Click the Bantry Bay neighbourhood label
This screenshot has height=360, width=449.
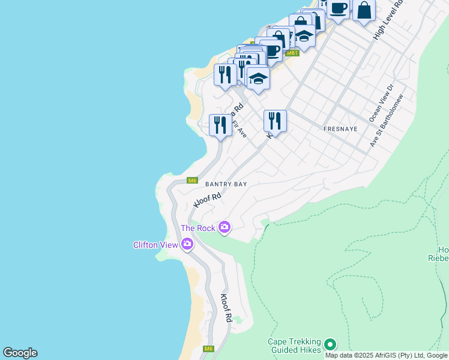(226, 184)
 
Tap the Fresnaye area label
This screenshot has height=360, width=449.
(340, 129)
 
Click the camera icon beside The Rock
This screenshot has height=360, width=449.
(224, 227)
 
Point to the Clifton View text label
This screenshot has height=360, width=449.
(155, 245)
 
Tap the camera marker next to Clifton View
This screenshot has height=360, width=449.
(187, 244)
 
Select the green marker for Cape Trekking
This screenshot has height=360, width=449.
(330, 344)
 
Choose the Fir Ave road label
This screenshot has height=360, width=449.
(240, 130)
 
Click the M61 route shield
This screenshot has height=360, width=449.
(292, 53)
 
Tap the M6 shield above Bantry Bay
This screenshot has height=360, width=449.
(192, 180)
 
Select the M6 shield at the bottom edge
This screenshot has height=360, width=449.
(208, 349)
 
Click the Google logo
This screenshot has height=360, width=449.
(20, 353)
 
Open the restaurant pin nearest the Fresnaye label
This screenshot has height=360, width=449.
(275, 121)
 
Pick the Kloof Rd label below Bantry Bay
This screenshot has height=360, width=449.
(208, 200)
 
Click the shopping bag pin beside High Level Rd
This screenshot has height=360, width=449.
(364, 11)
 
